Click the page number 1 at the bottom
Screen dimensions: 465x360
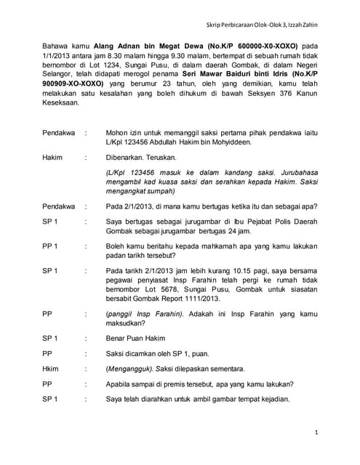point(318,432)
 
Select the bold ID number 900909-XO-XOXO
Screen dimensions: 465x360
point(76,84)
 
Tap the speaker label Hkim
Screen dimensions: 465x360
point(51,368)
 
